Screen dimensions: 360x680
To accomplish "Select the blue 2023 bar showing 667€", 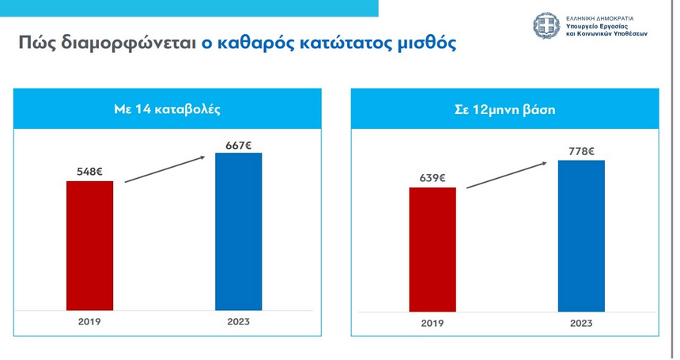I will coord(238,231).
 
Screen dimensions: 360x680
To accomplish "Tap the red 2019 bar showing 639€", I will coord(433,248).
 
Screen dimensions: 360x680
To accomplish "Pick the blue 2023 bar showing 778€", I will coord(581,235).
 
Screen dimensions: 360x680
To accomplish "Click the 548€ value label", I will coord(90,169).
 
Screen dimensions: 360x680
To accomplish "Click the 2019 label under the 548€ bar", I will coord(90,323).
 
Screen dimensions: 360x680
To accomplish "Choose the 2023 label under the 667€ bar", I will coord(238,323).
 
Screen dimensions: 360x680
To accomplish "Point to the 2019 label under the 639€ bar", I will coord(433,324).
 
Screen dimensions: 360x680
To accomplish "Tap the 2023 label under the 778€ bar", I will coord(581,324).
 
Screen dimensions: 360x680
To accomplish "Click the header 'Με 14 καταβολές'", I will coord(168,109).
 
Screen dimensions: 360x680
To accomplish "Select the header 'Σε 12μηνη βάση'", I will coord(505,109).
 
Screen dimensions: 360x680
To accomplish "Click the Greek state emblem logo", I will coord(546,28).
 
